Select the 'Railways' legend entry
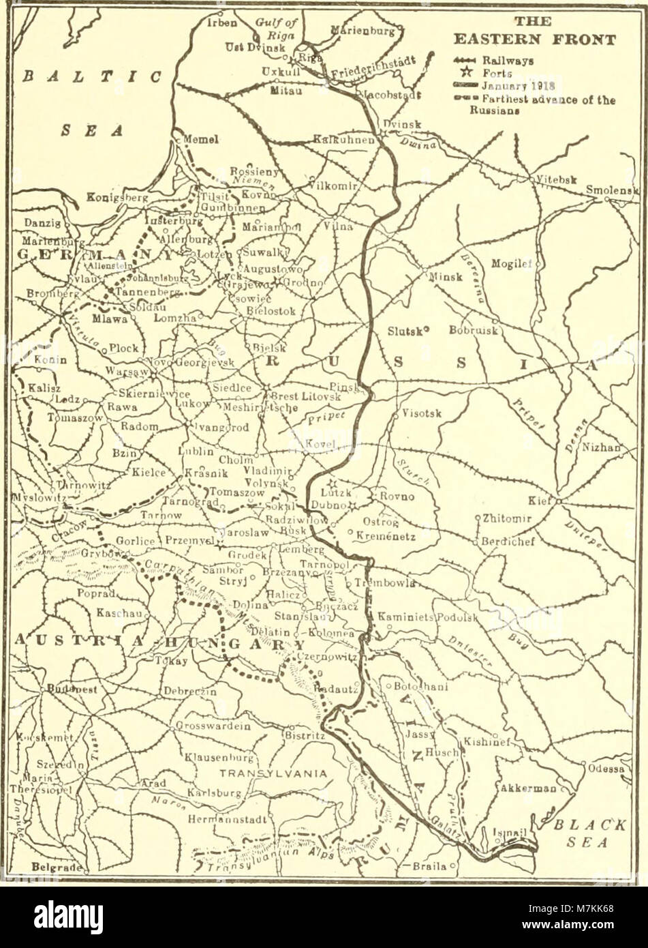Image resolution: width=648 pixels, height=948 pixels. tap(508, 60)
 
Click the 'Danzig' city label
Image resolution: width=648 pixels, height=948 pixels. tap(42, 223)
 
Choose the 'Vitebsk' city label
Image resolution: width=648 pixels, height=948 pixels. tap(556, 179)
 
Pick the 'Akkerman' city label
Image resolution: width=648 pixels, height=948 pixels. tap(529, 788)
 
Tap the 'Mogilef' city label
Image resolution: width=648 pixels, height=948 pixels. tap(514, 263)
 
